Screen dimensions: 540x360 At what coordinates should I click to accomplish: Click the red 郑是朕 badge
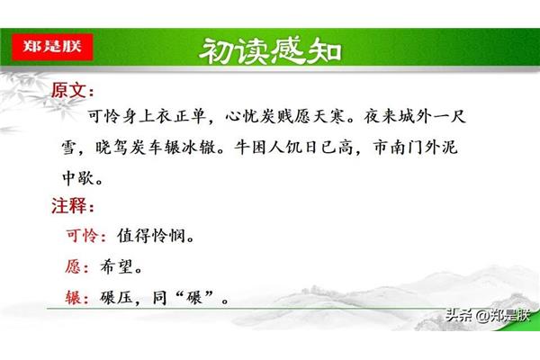52,47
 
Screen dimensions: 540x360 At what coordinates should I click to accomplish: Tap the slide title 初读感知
270,51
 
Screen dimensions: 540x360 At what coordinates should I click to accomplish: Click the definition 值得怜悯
151,236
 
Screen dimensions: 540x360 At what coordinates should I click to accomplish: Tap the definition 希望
116,266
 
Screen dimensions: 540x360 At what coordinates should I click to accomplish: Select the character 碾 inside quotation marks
193,298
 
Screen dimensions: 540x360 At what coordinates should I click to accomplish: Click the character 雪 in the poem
70,148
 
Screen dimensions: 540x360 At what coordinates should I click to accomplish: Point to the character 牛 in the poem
242,148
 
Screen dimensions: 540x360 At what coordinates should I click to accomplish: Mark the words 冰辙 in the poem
199,148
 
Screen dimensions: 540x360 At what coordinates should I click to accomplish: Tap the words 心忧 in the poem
242,116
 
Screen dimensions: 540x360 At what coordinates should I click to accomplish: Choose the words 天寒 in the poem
328,116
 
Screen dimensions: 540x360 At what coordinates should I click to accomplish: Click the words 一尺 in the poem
449,116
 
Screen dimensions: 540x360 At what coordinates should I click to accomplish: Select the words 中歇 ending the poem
78,178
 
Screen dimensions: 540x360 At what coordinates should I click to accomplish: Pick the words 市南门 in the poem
399,148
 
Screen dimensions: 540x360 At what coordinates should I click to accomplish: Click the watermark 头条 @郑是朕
488,315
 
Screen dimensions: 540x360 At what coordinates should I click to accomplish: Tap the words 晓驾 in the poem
112,148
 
